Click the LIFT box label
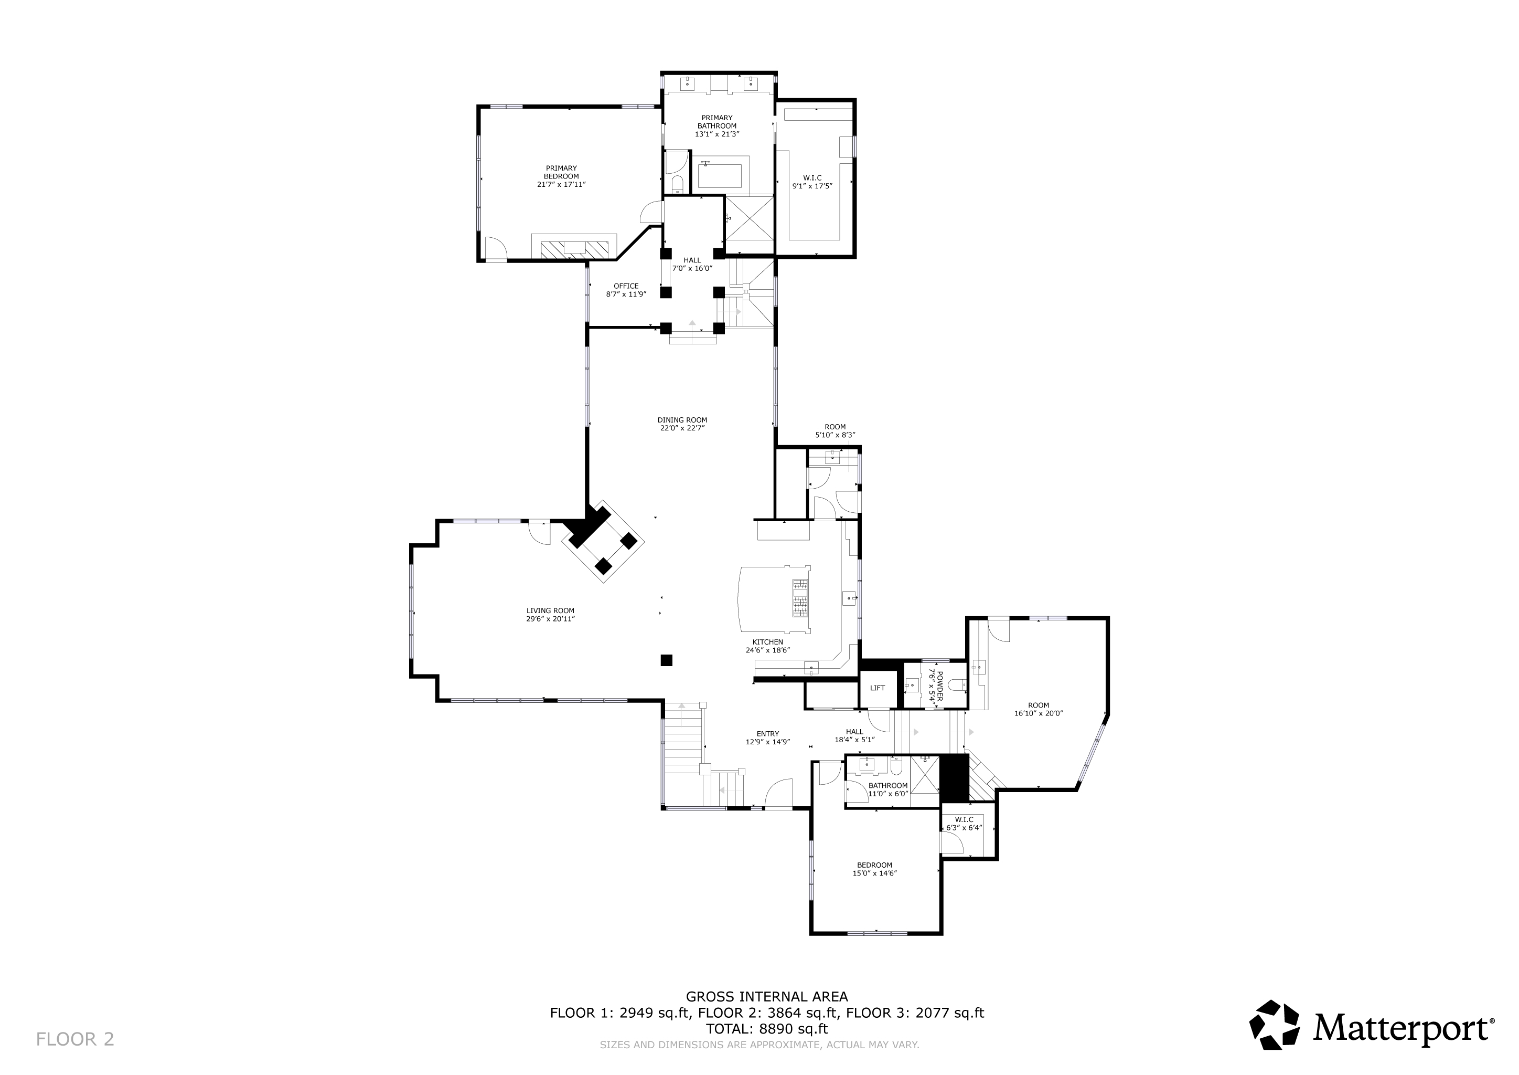878,688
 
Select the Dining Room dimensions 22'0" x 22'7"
682,428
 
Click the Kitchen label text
767,642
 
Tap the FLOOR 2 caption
75,1039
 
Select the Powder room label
936,685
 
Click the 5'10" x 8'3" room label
835,431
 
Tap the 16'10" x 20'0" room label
1038,709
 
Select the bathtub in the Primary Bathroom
721,173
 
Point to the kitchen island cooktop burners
800,597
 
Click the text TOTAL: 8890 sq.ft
767,1029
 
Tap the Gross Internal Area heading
767,996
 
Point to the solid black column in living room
666,660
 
